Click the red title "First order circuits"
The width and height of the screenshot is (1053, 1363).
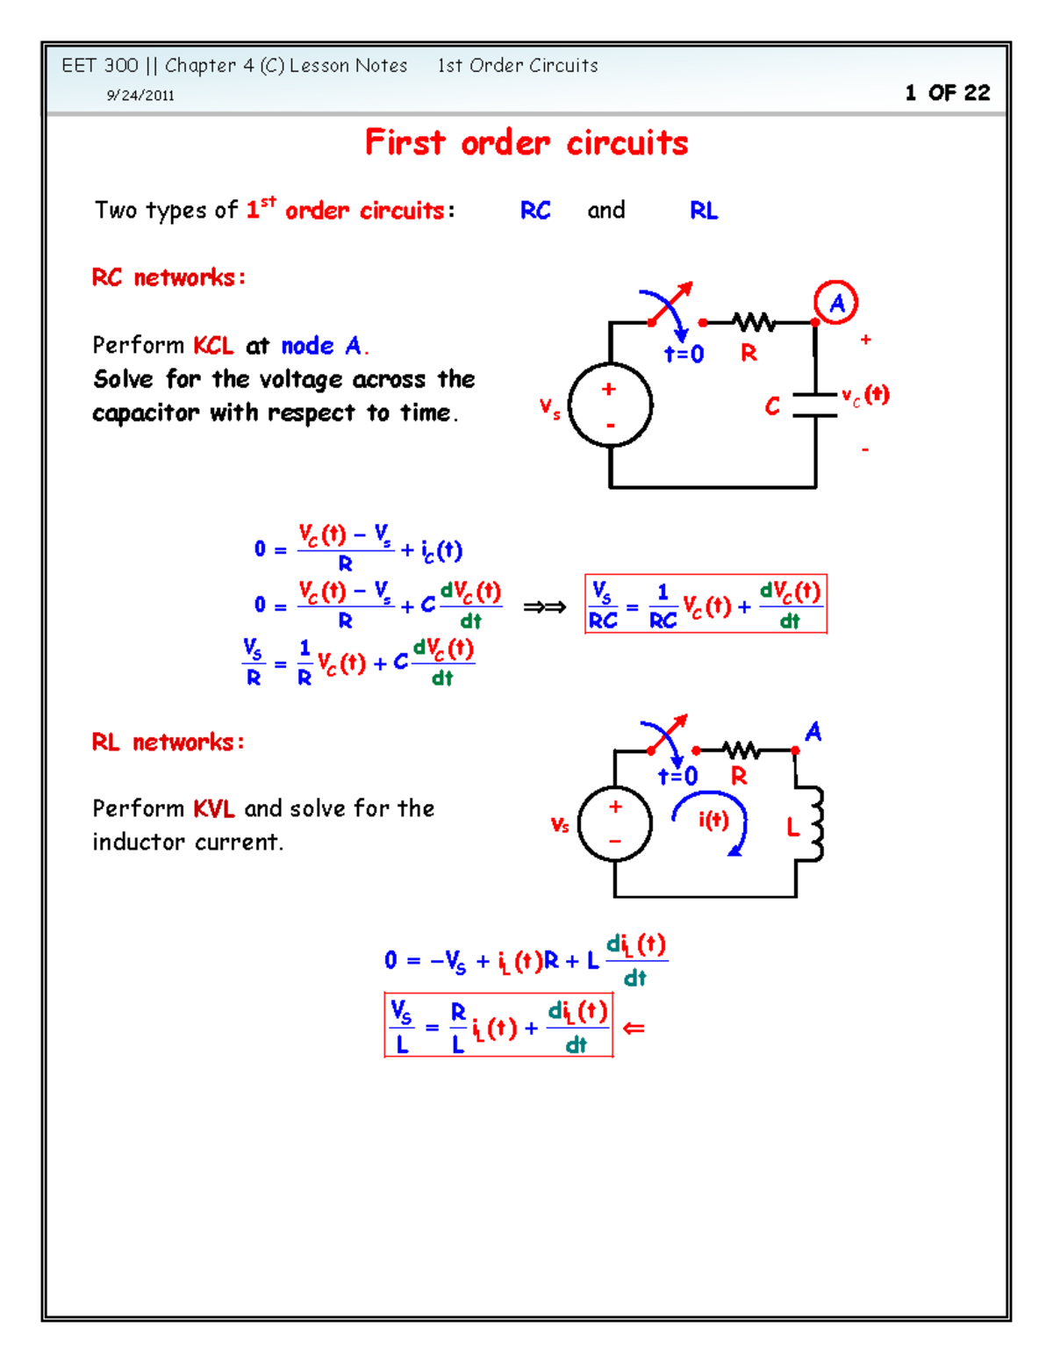(526, 143)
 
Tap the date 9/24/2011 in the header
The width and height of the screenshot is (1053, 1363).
(140, 96)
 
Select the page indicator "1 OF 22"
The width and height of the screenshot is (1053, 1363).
(948, 93)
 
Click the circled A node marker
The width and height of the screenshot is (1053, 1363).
(835, 303)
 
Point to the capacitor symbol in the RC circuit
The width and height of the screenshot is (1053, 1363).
(815, 405)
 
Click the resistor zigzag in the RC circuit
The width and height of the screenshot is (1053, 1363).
(755, 323)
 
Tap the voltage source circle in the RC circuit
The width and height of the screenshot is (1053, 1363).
(611, 405)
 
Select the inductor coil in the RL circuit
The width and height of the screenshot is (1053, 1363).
(814, 824)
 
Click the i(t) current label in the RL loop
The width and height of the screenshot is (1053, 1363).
(713, 820)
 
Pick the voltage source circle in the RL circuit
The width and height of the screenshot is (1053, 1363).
(615, 824)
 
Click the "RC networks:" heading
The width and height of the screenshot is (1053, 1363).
(168, 278)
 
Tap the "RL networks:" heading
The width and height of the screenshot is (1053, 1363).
(168, 742)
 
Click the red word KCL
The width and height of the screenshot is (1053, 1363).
(213, 346)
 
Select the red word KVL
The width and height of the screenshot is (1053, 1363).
(213, 808)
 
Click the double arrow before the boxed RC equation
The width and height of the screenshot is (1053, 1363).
(544, 606)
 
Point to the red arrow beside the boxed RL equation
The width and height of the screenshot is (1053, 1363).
(634, 1028)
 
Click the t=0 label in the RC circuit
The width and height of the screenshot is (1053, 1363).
(684, 355)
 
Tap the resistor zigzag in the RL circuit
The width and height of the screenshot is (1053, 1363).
(742, 750)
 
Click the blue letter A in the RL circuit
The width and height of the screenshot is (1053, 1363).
(813, 732)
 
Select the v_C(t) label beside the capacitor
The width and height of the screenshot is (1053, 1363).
(865, 396)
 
